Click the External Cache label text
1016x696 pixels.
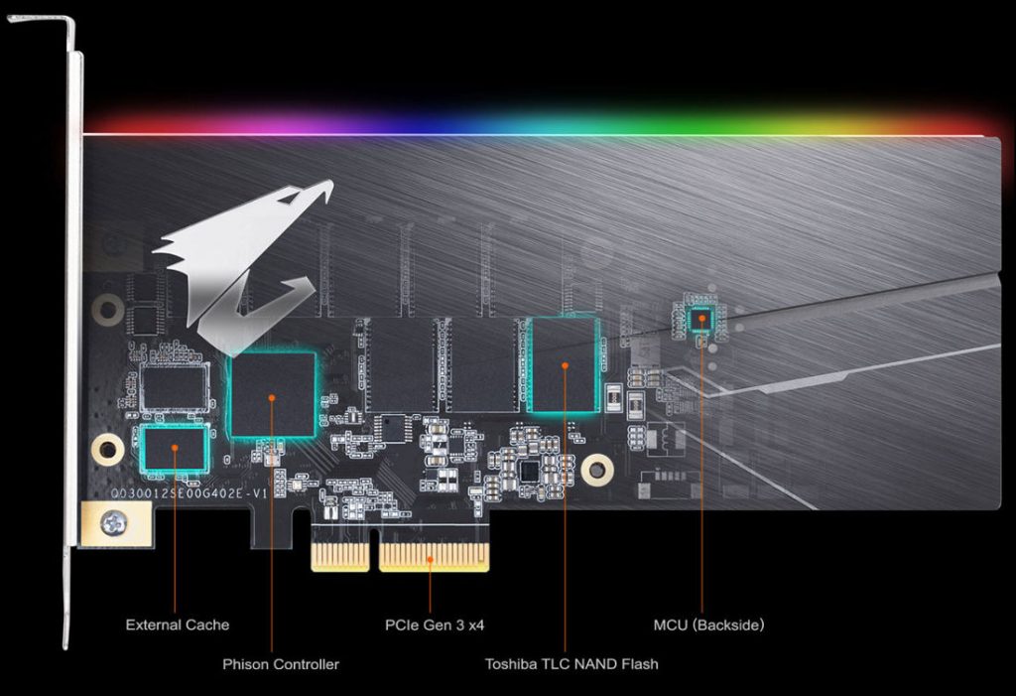177,625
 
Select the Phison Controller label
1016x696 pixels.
281,663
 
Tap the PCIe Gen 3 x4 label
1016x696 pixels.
435,625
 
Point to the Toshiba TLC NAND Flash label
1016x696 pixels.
571,663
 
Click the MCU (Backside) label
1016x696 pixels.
708,625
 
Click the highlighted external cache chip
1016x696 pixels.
176,447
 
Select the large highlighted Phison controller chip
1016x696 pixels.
272,394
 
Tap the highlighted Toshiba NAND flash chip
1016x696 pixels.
564,364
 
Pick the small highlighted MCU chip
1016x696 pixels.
701,318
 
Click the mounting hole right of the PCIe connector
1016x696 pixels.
596,469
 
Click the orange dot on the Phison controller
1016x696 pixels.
272,396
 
